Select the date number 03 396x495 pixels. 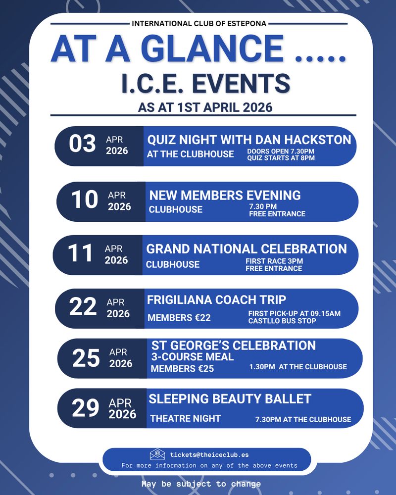[x=82, y=144]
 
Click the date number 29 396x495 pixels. [x=85, y=409]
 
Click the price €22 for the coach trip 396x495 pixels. [x=200, y=318]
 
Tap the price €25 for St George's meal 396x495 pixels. [x=203, y=369]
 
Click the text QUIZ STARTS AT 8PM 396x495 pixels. [x=281, y=158]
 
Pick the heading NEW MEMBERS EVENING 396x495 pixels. [x=225, y=196]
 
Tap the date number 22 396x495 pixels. [x=83, y=308]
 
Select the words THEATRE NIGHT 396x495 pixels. [x=185, y=419]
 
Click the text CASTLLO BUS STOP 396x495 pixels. [x=282, y=321]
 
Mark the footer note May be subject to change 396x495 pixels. [x=200, y=484]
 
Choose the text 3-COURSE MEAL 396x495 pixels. [x=192, y=357]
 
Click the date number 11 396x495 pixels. [x=80, y=254]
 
